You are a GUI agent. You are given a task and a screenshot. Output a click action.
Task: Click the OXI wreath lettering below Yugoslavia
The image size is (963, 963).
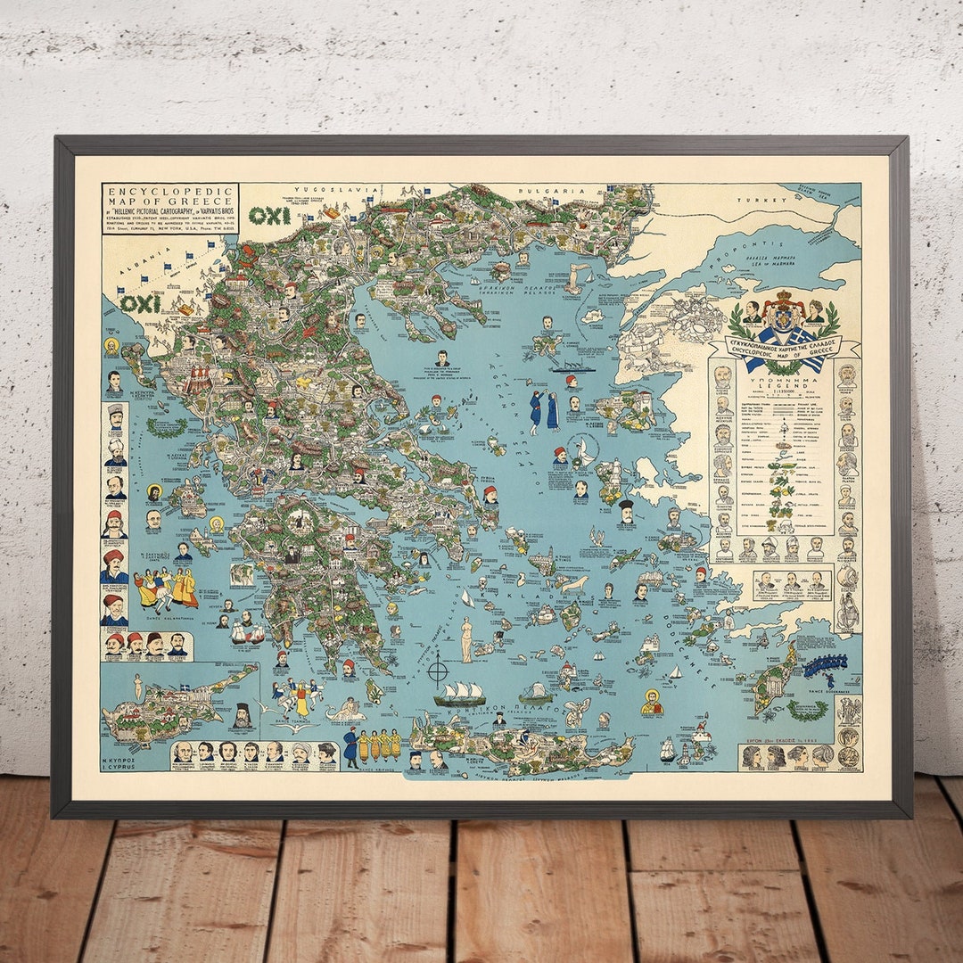coord(268,216)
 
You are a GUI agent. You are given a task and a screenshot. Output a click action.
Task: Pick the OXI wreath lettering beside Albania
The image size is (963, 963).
coord(140,303)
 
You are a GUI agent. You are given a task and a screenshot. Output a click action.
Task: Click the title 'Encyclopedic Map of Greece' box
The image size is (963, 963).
coord(169,208)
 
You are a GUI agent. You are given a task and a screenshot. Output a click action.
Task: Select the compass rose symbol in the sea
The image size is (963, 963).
coord(438,668)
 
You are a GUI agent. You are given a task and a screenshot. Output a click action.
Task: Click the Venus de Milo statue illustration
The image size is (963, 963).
coord(465,638)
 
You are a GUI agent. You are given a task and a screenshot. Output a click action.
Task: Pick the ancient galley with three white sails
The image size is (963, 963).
coord(460,693)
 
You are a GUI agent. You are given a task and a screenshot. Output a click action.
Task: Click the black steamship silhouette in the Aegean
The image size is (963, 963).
coord(572,366)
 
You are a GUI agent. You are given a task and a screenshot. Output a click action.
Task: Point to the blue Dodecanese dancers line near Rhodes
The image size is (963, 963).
coord(824,665)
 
